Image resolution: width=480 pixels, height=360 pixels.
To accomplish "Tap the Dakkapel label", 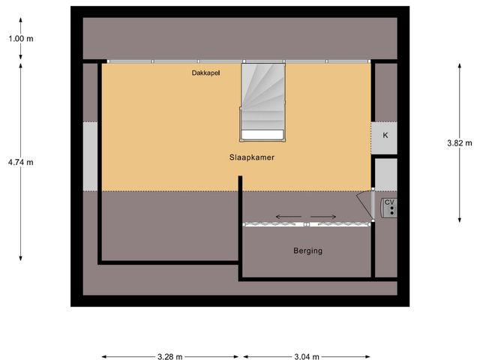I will pyautogui.click(x=205, y=73).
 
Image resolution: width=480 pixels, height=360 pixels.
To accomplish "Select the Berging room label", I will pyautogui.click(x=307, y=250).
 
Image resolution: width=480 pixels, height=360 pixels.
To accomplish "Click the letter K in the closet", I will pyautogui.click(x=385, y=136).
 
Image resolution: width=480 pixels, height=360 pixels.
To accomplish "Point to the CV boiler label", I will pyautogui.click(x=389, y=202).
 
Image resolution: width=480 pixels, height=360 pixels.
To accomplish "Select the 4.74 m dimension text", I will pyautogui.click(x=20, y=162).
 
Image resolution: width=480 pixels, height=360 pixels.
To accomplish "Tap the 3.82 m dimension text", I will pyautogui.click(x=459, y=142).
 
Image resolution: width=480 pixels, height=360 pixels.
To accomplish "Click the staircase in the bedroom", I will pyautogui.click(x=262, y=97).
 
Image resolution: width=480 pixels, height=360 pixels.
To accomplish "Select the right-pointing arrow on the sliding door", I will pyautogui.click(x=325, y=217).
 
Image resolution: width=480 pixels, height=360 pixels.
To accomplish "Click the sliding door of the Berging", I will pyautogui.click(x=307, y=224).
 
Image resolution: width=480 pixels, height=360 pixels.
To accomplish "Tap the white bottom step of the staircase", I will pyautogui.click(x=262, y=134).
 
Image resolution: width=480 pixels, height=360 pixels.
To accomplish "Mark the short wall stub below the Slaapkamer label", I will pyautogui.click(x=240, y=184).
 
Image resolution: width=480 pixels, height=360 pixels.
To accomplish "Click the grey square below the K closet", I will pyautogui.click(x=385, y=174).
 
